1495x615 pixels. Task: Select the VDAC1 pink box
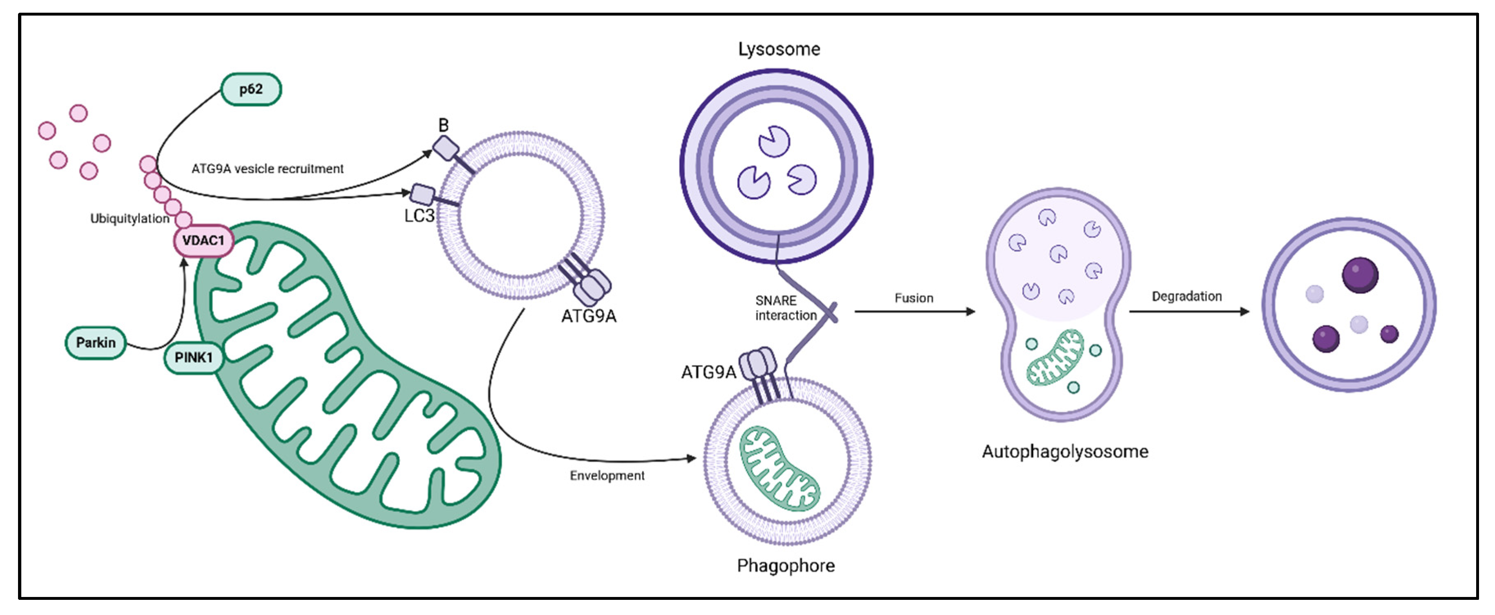point(203,241)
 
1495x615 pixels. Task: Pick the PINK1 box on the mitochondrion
point(193,357)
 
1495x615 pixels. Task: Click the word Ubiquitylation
point(129,218)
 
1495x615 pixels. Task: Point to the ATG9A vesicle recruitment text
point(267,168)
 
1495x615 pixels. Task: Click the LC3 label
point(419,216)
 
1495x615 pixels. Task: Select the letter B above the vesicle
point(444,125)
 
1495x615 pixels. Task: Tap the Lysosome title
point(779,49)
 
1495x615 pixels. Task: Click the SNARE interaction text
point(785,308)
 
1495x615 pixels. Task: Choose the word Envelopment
point(607,476)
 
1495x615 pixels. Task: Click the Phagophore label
point(786,566)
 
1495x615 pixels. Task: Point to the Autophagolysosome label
point(1065,452)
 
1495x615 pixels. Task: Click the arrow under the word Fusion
point(915,312)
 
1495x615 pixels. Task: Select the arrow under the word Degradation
point(1189,312)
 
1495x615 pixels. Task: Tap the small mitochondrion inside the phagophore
point(779,469)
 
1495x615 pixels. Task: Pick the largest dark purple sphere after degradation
point(1360,275)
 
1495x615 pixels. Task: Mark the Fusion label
point(914,298)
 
